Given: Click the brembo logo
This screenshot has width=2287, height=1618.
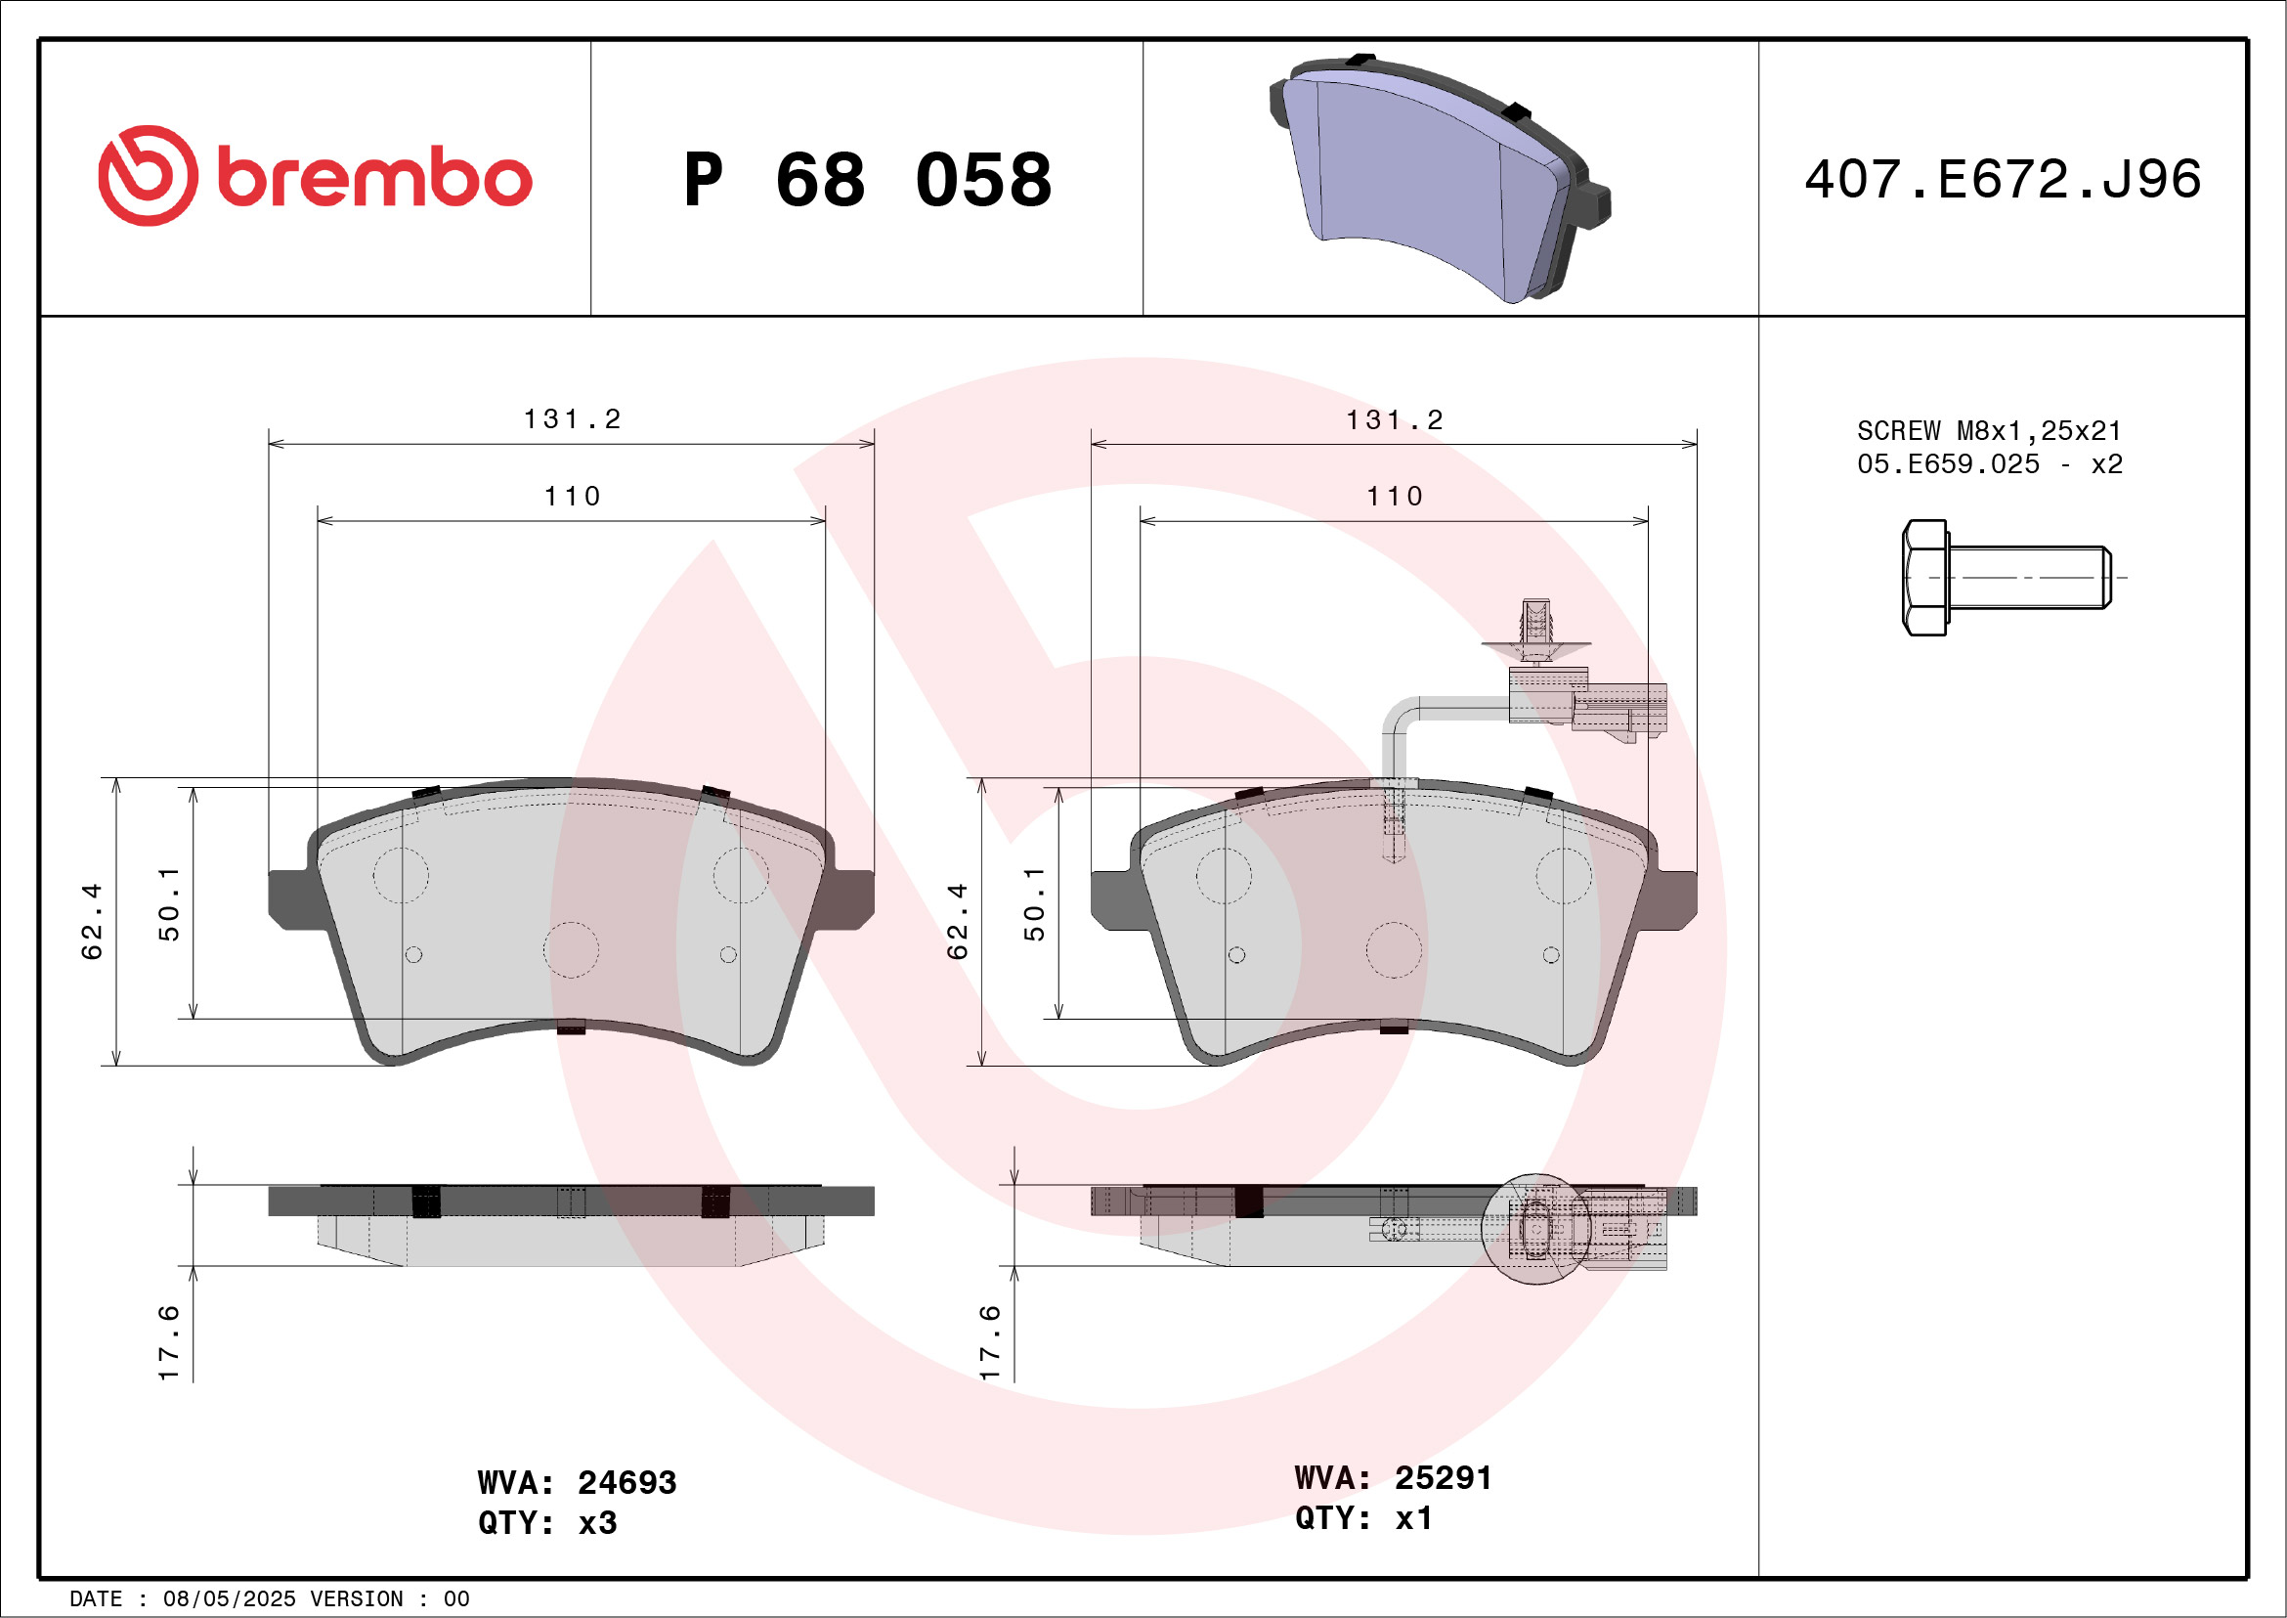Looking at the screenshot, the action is [x=315, y=175].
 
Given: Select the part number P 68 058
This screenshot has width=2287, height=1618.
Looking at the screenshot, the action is [x=868, y=180].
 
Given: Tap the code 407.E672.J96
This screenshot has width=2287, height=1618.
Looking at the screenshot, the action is [x=2003, y=179].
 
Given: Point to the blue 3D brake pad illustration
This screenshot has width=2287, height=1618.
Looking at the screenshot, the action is [x=1440, y=178].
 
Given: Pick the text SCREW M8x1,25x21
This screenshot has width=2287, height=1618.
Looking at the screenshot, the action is [x=1988, y=431].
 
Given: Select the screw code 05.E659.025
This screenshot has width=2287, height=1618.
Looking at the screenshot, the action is [x=1947, y=464].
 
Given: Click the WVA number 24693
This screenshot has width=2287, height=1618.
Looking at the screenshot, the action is [x=626, y=1482].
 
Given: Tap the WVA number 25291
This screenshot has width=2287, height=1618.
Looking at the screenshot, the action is [x=1443, y=1477].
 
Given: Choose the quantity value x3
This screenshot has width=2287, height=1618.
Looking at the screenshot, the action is [x=597, y=1523].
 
